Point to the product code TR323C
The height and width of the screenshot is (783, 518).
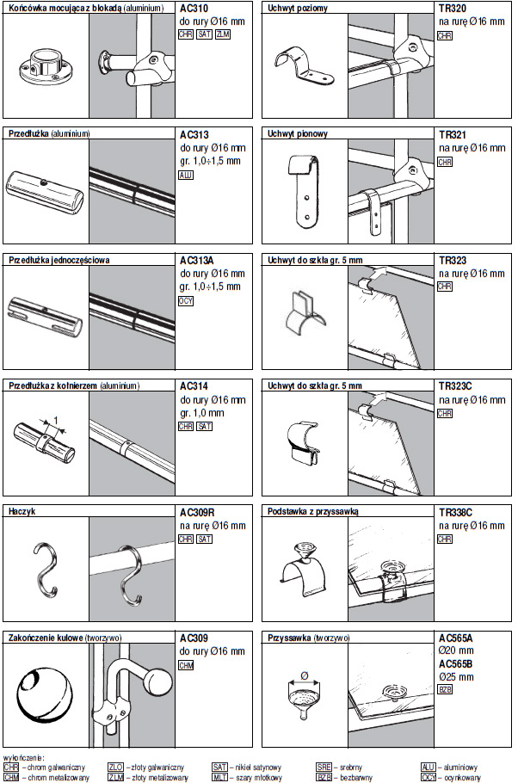[457, 386]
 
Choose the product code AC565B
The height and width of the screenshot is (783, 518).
[456, 664]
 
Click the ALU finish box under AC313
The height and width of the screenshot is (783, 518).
[187, 175]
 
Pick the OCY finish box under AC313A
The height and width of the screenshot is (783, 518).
[187, 301]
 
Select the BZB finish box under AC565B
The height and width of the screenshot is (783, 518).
[446, 690]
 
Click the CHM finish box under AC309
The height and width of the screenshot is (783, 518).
[187, 665]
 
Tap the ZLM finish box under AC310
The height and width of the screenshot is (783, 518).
[224, 34]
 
